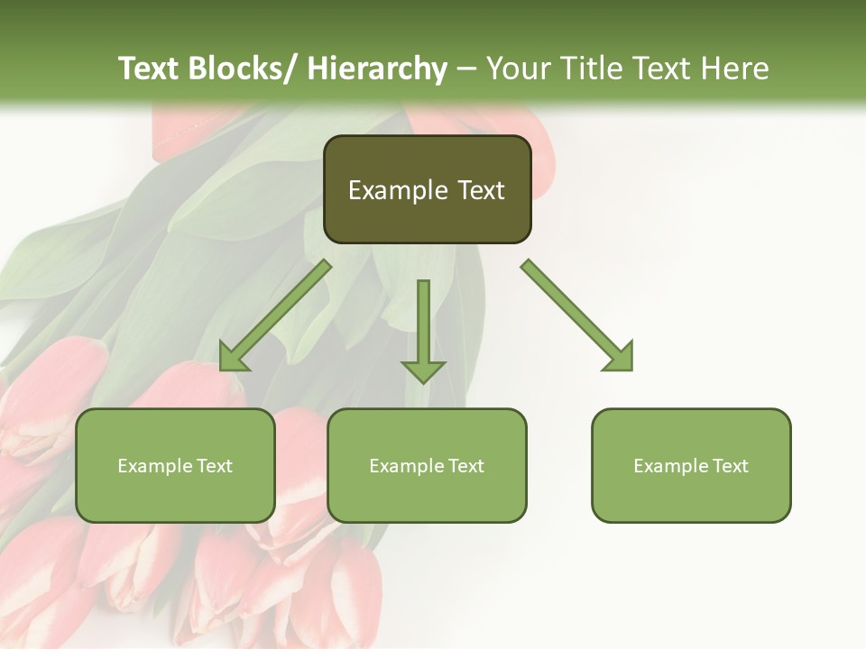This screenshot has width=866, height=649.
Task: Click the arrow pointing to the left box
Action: [275, 315]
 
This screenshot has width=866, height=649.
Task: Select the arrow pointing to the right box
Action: [577, 315]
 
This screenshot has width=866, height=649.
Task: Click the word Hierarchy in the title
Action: [377, 69]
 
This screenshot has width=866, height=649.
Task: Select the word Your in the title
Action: [517, 69]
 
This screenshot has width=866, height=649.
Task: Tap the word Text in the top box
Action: [480, 190]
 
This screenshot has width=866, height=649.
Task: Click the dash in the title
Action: [466, 69]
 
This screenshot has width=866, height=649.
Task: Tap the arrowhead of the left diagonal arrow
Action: [233, 358]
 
